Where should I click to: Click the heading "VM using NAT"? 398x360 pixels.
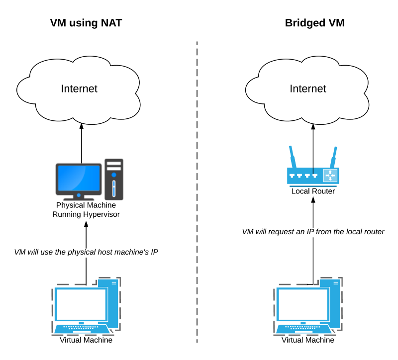pos(86,23)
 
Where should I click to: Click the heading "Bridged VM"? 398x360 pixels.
pos(314,23)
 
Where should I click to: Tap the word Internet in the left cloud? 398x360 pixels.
pos(79,89)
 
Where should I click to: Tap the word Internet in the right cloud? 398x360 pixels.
pos(308,89)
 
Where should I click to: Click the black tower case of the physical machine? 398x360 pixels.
pos(114,179)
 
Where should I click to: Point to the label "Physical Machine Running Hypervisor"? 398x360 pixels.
pos(86,209)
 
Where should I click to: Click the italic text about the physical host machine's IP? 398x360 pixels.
pos(86,252)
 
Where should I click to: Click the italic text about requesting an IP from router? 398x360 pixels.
pos(313,232)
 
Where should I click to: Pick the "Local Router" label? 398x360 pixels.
pos(313,191)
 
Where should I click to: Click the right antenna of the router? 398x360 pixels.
pos(334,157)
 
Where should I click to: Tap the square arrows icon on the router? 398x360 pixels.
pos(330,176)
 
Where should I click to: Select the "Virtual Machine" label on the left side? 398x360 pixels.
pos(86,340)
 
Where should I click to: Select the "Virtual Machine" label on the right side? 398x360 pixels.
pos(308,340)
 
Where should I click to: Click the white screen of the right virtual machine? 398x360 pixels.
pos(302,304)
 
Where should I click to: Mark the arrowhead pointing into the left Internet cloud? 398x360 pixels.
pos(82,127)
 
